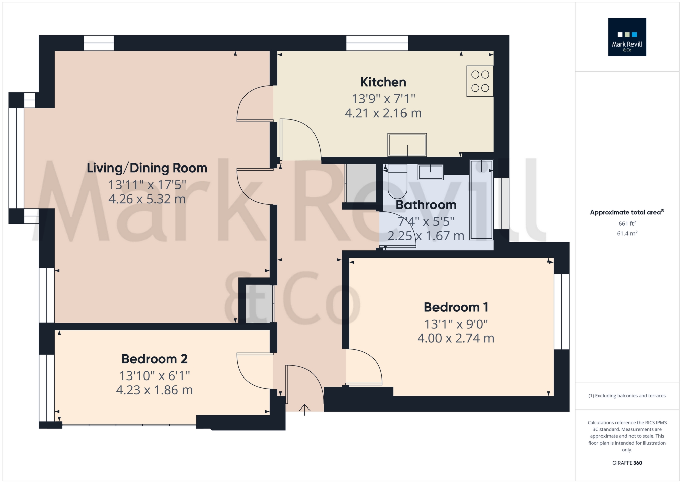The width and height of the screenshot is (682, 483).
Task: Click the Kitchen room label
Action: tap(383, 82)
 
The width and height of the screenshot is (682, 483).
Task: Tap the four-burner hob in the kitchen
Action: tap(480, 81)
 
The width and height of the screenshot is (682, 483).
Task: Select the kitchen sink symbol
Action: tap(407, 145)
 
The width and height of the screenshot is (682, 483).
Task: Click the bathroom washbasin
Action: tap(430, 172)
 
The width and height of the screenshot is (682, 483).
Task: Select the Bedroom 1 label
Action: tap(456, 307)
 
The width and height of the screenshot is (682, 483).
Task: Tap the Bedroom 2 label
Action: tap(154, 359)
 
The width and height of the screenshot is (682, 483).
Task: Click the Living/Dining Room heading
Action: tap(147, 168)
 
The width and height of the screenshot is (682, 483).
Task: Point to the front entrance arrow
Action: tap(304, 409)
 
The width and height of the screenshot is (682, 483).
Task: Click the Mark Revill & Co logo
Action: tap(627, 37)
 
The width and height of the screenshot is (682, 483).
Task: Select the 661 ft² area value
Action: tap(627, 223)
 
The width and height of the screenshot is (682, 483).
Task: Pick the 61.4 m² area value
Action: tap(627, 233)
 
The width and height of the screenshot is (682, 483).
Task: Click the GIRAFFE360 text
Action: tap(627, 463)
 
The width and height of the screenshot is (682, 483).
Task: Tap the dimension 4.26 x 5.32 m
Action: tap(147, 199)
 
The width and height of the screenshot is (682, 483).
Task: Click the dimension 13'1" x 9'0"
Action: tap(456, 324)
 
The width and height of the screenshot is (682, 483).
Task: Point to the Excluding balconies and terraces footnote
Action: tap(627, 396)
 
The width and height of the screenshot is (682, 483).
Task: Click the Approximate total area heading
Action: tap(626, 212)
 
